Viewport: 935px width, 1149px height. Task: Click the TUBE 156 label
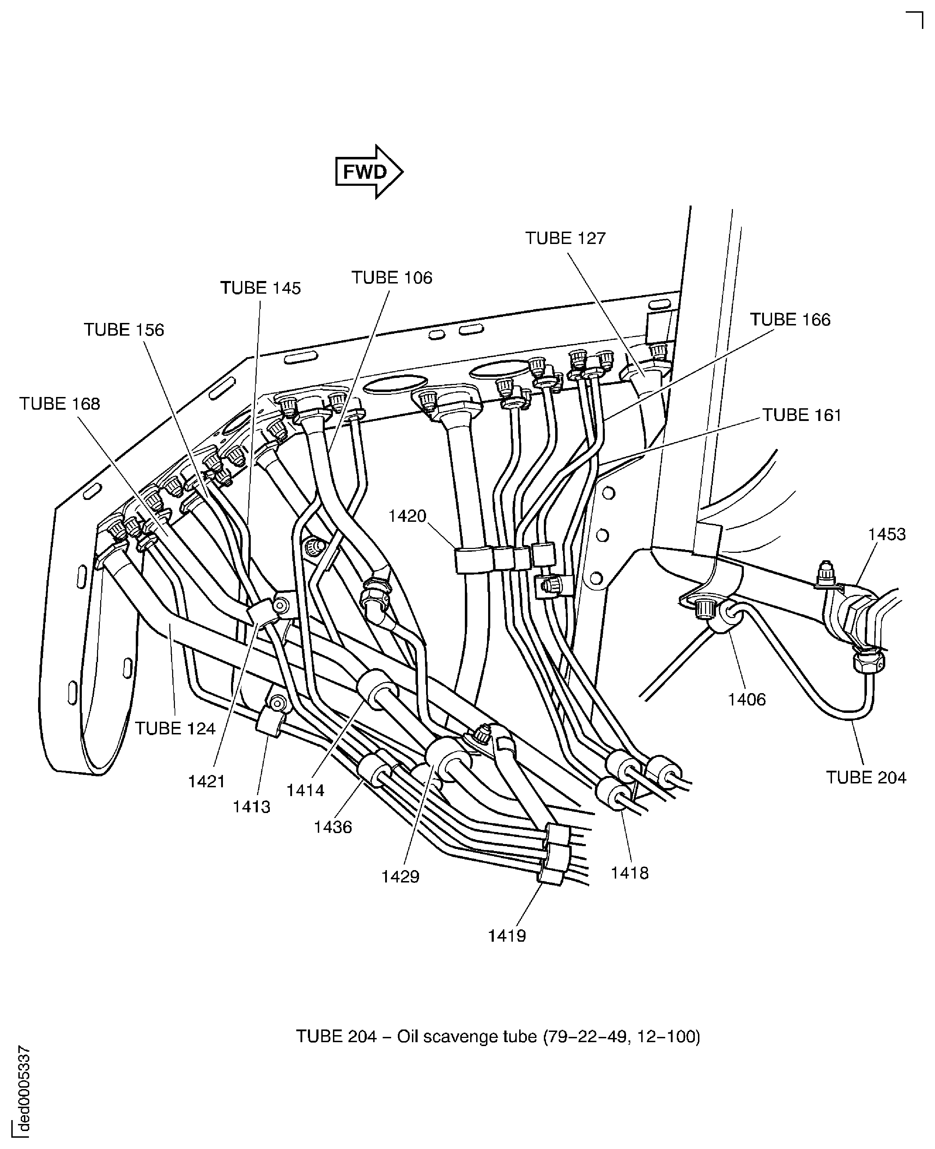124,330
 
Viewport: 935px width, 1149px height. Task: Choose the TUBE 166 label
790,319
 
